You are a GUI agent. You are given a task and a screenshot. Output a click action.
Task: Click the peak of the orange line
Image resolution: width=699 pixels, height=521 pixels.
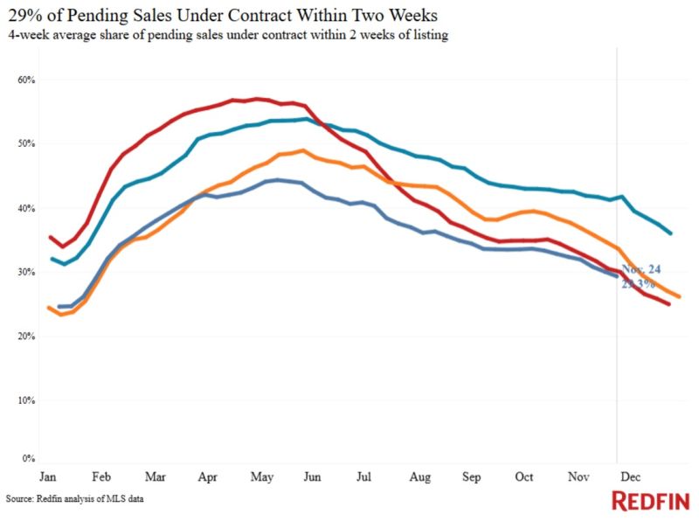pyautogui.click(x=301, y=150)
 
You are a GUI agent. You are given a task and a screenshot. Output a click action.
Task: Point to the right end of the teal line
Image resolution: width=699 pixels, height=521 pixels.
pyautogui.click(x=670, y=233)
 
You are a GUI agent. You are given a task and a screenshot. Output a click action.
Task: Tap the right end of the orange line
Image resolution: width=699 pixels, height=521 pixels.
pyautogui.click(x=679, y=297)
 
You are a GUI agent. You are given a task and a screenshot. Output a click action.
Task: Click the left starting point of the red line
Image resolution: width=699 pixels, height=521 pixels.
pyautogui.click(x=51, y=237)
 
